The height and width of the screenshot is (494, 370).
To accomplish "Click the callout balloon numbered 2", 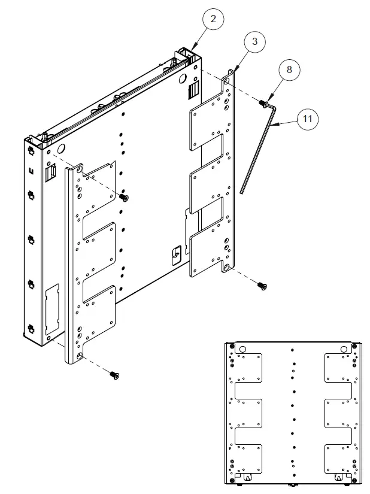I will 214,19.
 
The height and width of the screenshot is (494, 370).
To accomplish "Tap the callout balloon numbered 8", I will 289,69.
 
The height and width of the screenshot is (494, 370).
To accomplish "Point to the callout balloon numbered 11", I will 307,119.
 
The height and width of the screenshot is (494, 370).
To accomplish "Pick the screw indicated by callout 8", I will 263,104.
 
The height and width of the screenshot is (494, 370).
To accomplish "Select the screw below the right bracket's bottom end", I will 263,286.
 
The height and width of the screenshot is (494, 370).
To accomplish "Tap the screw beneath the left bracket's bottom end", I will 114,375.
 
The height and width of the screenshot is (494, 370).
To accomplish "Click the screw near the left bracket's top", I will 125,197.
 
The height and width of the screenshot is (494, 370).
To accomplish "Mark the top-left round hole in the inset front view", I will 242,349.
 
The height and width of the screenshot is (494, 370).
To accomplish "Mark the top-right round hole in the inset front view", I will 344,349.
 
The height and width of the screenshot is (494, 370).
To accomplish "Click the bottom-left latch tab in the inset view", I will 247,477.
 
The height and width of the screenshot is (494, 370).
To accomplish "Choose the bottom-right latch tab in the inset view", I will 339,477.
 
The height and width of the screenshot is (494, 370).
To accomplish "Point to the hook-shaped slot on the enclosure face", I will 175,254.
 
